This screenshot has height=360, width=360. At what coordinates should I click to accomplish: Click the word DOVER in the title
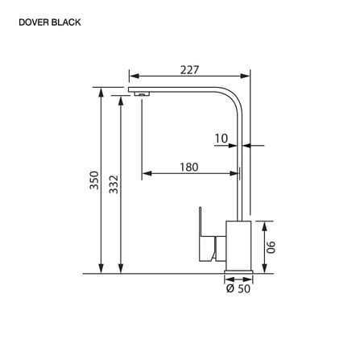click(34, 23)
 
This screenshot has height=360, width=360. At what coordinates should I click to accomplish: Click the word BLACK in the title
click(66, 23)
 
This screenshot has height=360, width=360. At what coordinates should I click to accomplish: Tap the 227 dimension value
click(189, 70)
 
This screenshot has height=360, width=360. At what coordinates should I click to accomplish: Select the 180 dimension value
click(189, 167)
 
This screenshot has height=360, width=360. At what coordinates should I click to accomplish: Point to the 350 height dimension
click(94, 180)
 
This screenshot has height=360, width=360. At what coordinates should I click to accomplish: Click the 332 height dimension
click(114, 184)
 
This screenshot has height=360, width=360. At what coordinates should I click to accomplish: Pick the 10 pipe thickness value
click(221, 139)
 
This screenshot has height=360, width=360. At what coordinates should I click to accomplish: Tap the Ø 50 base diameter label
click(238, 288)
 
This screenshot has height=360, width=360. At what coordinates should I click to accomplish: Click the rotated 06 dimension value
click(271, 247)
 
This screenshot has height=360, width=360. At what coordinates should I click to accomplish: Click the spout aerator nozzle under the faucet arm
click(142, 93)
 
